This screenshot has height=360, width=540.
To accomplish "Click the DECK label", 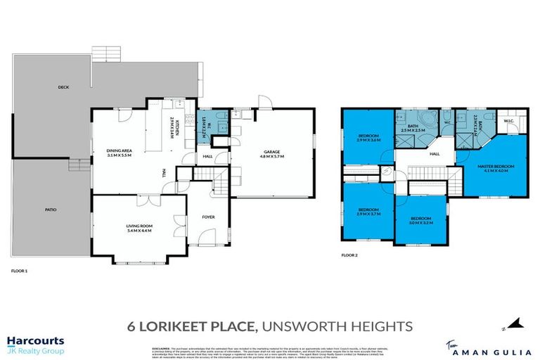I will point(63,87).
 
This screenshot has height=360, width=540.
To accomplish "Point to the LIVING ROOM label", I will point(139,224).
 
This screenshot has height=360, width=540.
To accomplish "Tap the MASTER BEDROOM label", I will point(496,166).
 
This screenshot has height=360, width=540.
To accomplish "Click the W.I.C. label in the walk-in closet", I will point(510,120).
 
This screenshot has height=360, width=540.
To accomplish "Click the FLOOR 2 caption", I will point(349,256).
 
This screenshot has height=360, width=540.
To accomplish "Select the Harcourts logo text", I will point(35,340).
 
